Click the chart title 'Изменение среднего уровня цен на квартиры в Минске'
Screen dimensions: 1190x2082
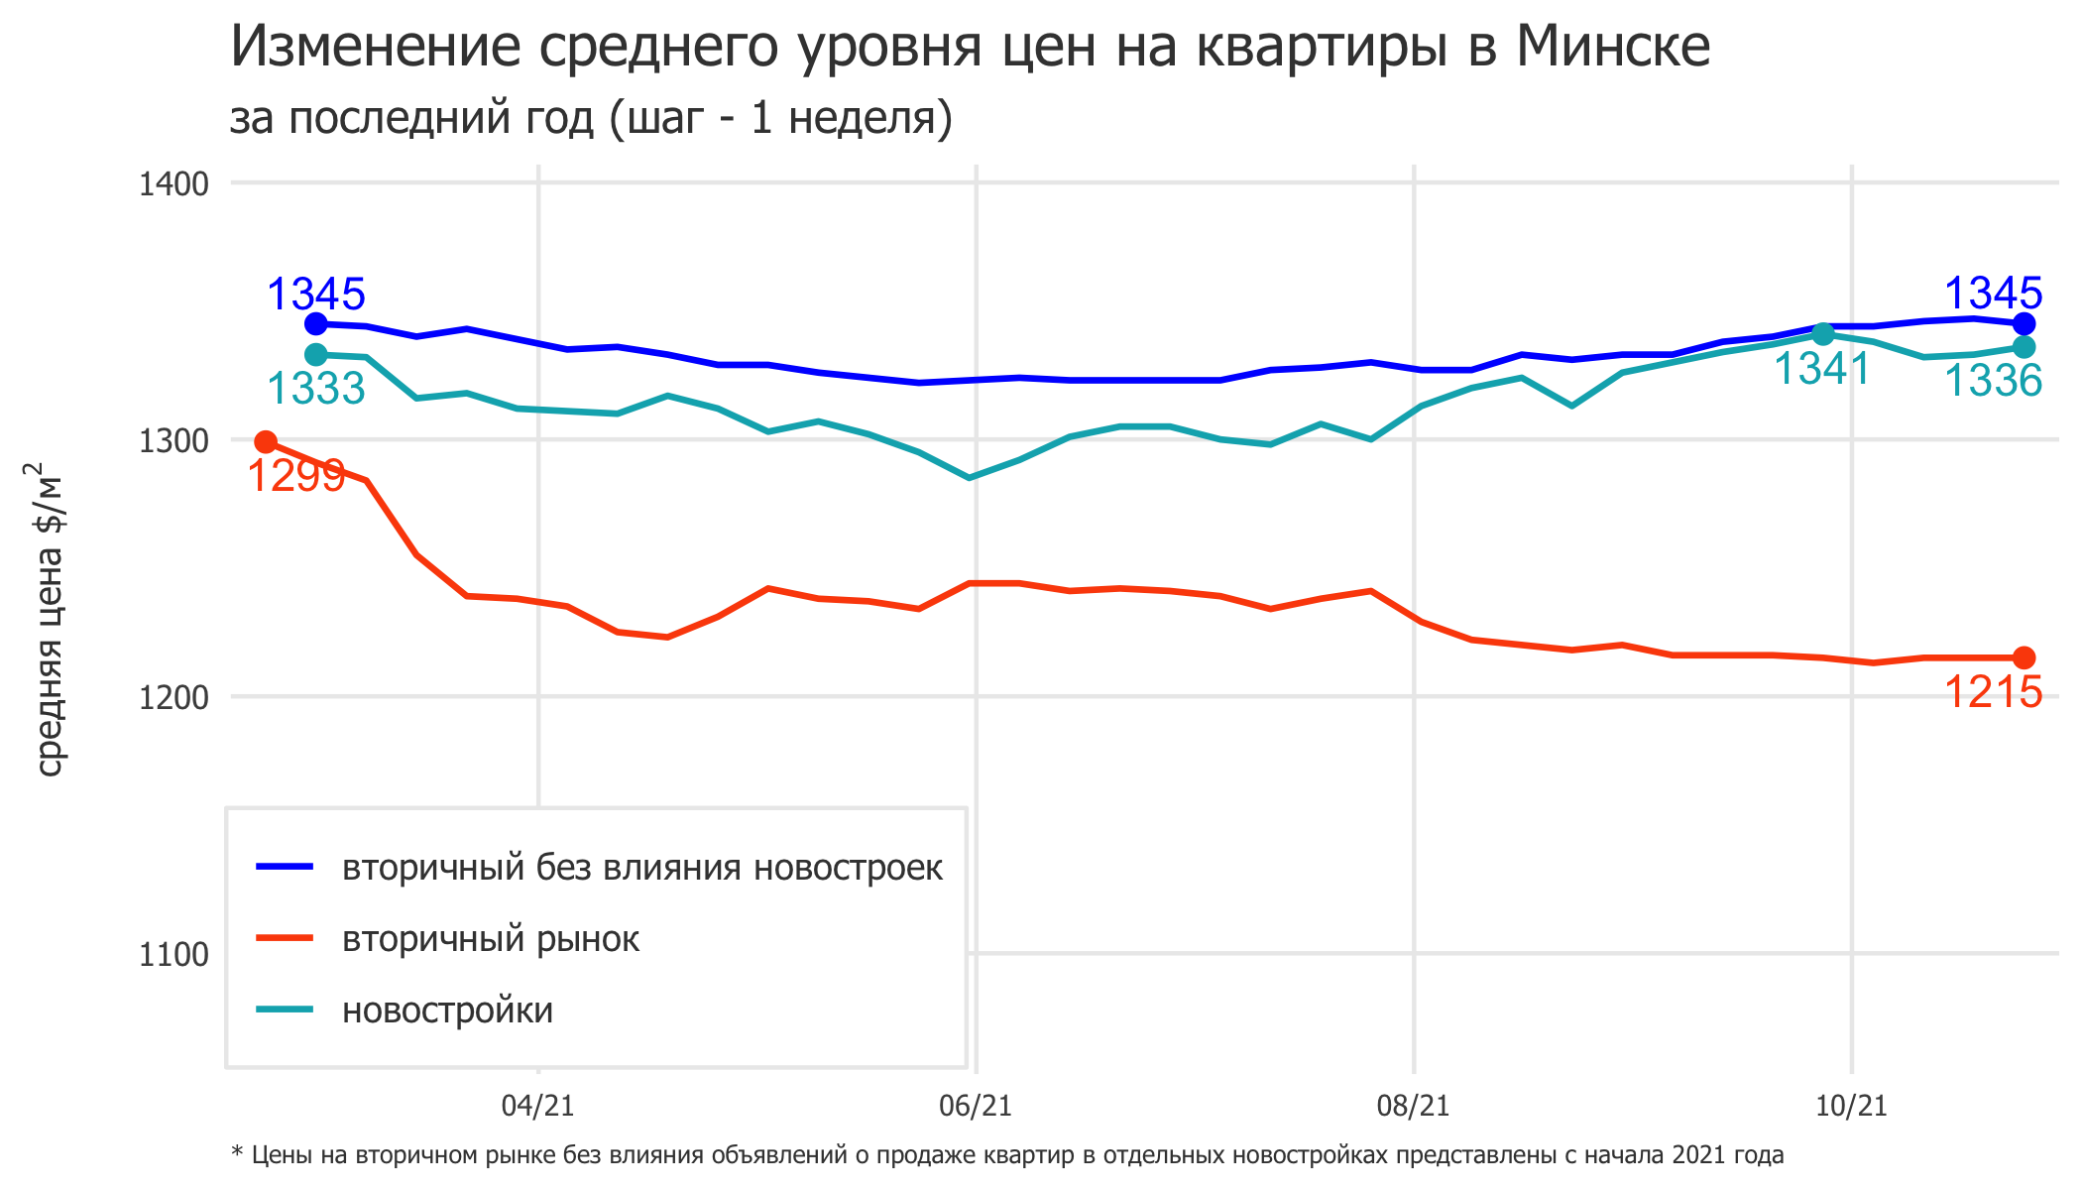pos(970,46)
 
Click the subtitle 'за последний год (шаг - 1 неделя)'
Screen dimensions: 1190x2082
pos(591,117)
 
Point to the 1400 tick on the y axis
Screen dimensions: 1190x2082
pos(173,183)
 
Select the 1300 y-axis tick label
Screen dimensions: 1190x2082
pos(173,440)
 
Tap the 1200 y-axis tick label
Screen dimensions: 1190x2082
pos(173,697)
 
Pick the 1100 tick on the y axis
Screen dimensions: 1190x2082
pos(173,954)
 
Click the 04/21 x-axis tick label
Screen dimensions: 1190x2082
pos(537,1106)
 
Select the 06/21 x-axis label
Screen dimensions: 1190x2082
pos(976,1106)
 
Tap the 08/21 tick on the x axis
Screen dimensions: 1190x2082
pos(1413,1106)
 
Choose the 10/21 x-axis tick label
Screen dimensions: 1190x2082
pos(1851,1106)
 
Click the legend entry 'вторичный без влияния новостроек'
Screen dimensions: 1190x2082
pos(641,868)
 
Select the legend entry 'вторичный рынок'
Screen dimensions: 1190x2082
pos(491,939)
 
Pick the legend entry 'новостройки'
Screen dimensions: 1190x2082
pos(447,1011)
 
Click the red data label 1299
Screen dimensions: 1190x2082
pos(295,476)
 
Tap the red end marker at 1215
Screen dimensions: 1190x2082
pos(2024,657)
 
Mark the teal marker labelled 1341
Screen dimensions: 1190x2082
pos(1822,334)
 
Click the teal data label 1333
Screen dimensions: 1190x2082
pos(316,388)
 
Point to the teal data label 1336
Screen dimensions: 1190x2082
pos(1993,381)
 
